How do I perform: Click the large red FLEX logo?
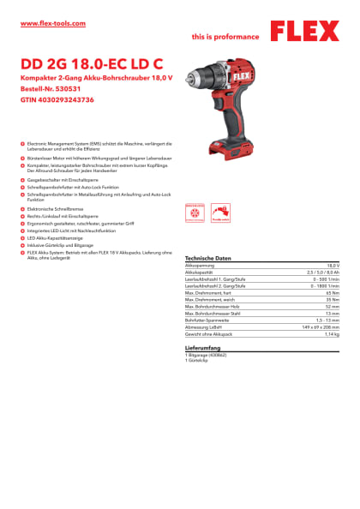tap(304, 32)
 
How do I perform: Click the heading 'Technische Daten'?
tap(208, 258)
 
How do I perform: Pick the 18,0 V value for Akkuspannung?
tap(333, 266)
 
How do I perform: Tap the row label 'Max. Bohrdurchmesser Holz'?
tap(214, 306)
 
